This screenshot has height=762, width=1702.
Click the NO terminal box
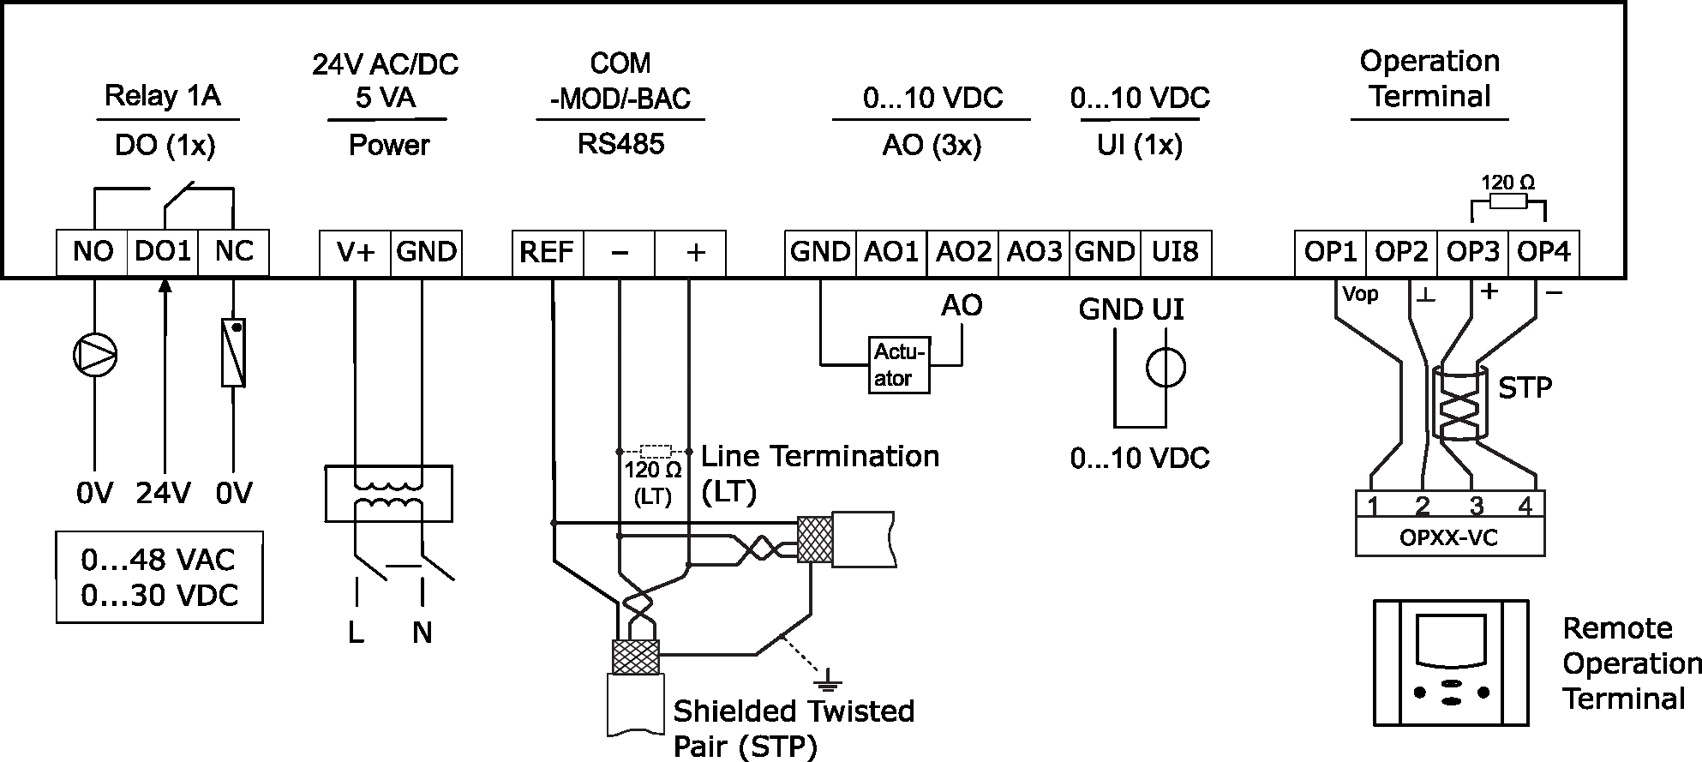pyautogui.click(x=93, y=252)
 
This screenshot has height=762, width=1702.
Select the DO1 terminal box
pyautogui.click(x=163, y=252)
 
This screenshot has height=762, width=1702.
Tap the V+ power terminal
pyautogui.click(x=355, y=252)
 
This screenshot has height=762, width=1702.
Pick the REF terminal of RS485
pyautogui.click(x=547, y=253)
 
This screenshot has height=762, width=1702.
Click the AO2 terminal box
pyautogui.click(x=963, y=252)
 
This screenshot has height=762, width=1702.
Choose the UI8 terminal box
pyautogui.click(x=1176, y=252)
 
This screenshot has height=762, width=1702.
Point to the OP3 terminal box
pyautogui.click(x=1472, y=252)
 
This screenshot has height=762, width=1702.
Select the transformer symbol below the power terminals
pyautogui.click(x=388, y=494)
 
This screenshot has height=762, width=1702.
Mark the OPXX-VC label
pyautogui.click(x=1449, y=539)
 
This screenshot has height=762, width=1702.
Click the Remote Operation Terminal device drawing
pyautogui.click(x=1451, y=663)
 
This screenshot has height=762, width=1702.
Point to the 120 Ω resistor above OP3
pyautogui.click(x=1508, y=201)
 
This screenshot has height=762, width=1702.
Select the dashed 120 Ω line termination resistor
pyautogui.click(x=656, y=450)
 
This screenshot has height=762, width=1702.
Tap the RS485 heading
pyautogui.click(x=620, y=143)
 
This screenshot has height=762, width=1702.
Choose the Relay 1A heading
pyautogui.click(x=163, y=95)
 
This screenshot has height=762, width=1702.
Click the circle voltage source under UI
pyautogui.click(x=1166, y=369)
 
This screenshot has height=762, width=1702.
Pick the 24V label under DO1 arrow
pyautogui.click(x=163, y=494)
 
